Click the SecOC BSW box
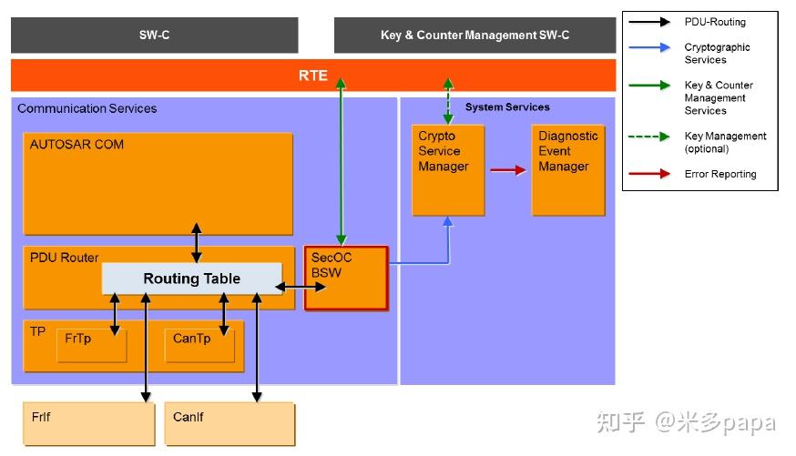pyautogui.click(x=346, y=279)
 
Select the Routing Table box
pyautogui.click(x=191, y=279)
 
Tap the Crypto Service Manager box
pyautogui.click(x=447, y=169)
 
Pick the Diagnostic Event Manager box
pyautogui.click(x=567, y=169)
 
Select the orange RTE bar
pyautogui.click(x=312, y=76)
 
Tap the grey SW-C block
pyautogui.click(x=154, y=35)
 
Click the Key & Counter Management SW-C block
pyautogui.click(x=475, y=35)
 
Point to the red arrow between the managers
pyautogui.click(x=507, y=169)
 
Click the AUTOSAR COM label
pyautogui.click(x=77, y=144)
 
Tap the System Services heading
pyautogui.click(x=507, y=107)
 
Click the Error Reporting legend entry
pyautogui.click(x=719, y=174)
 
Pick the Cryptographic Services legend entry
pyautogui.click(x=717, y=53)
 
